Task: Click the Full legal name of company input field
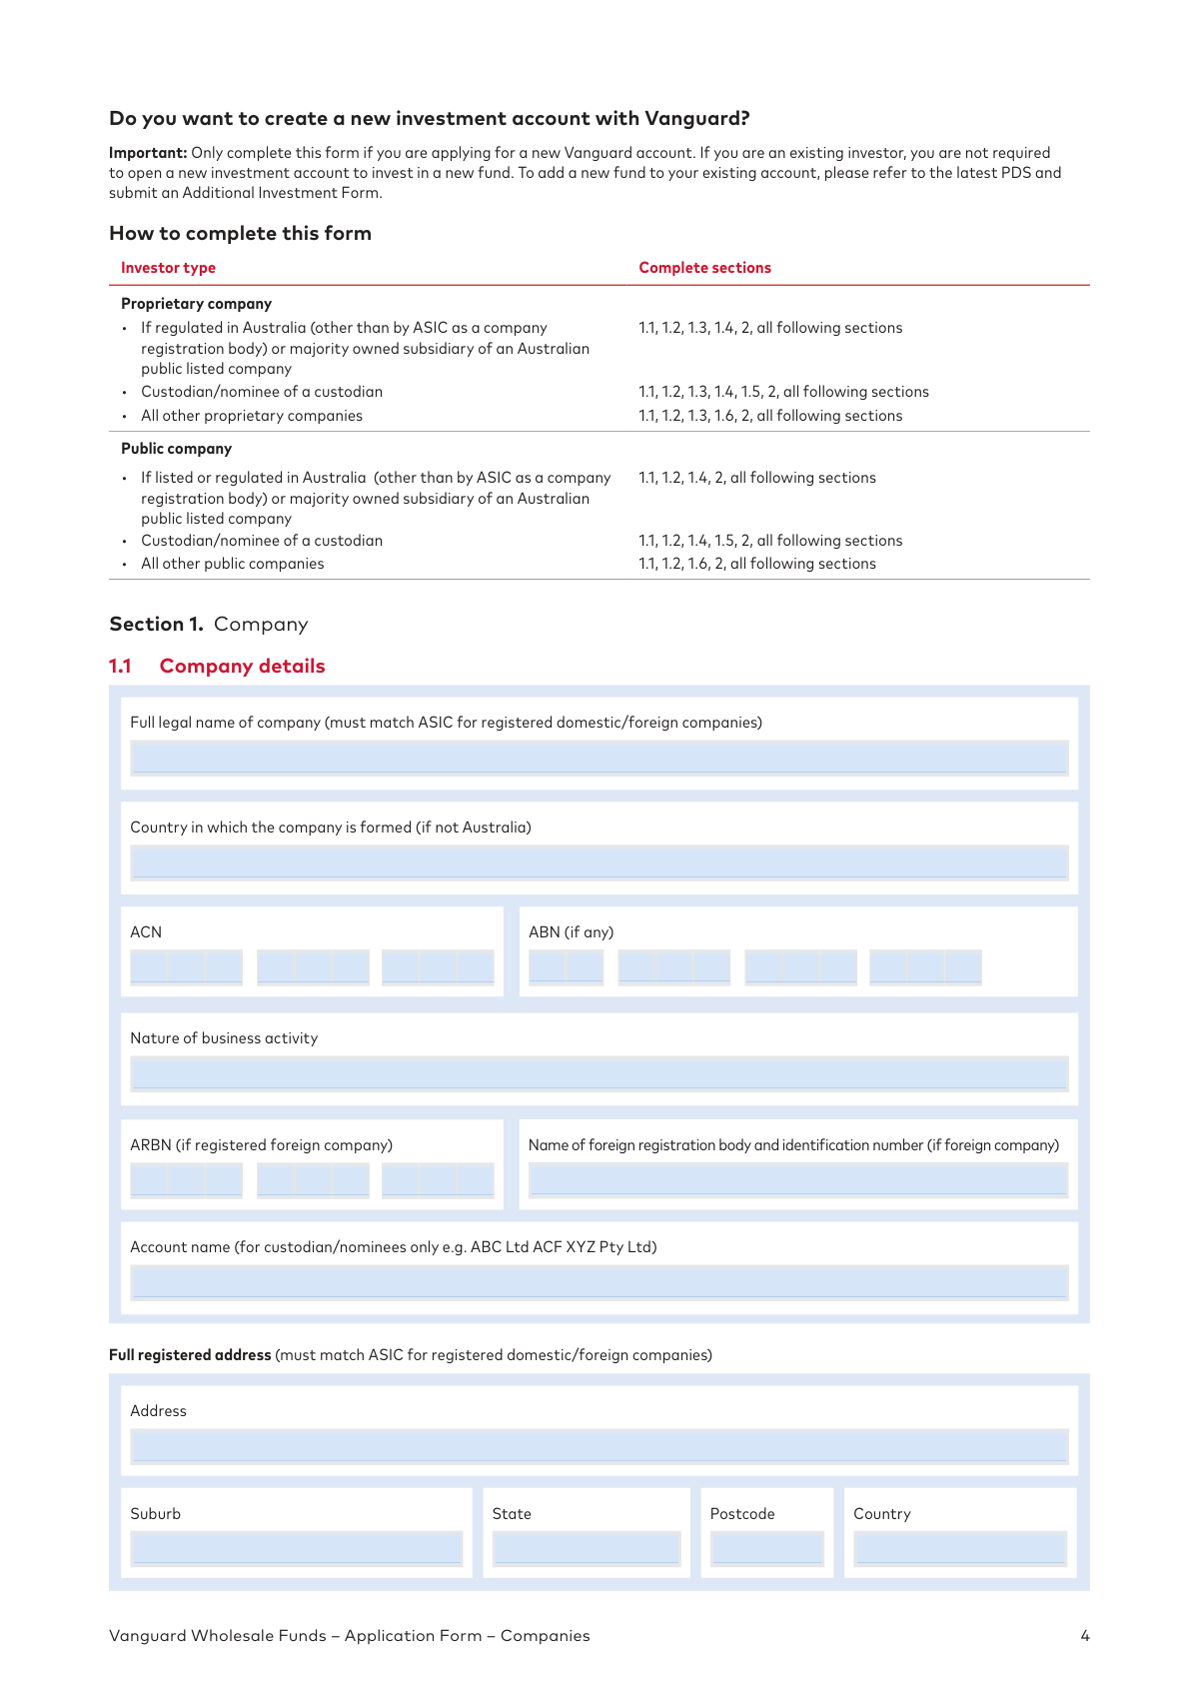599,758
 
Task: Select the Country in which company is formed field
599,862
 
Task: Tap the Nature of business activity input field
599,1073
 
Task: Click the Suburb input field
296,1548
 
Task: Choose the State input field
587,1548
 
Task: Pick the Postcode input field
766,1548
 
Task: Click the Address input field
599,1446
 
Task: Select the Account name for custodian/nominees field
599,1282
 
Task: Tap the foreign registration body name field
797,1180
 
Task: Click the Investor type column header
168,268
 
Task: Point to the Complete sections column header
704,268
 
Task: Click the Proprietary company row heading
196,304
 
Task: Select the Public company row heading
176,449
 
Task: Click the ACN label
146,932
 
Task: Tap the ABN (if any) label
571,932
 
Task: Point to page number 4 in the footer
1085,1636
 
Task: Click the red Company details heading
242,667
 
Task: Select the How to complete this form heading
240,234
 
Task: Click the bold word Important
148,153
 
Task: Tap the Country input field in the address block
960,1548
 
